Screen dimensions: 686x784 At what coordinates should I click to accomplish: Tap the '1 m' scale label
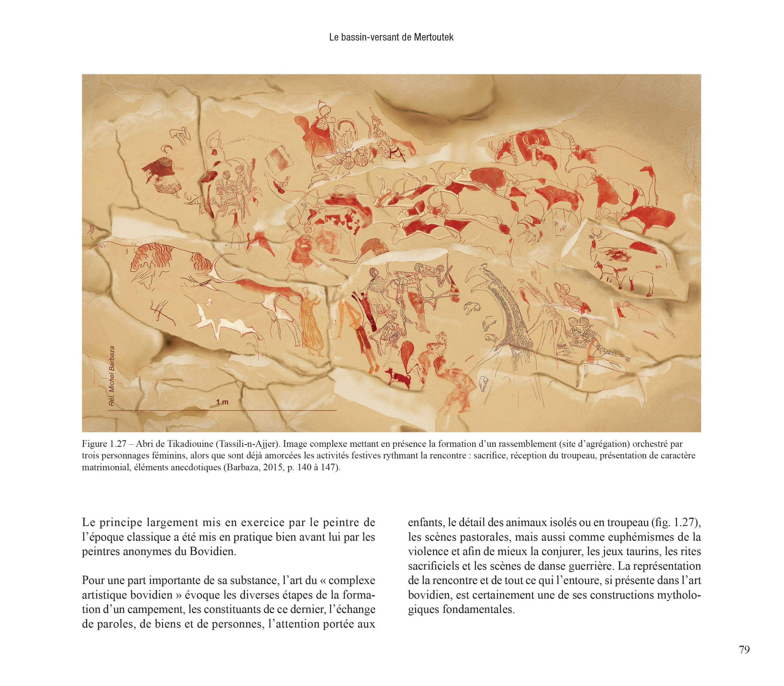222,402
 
